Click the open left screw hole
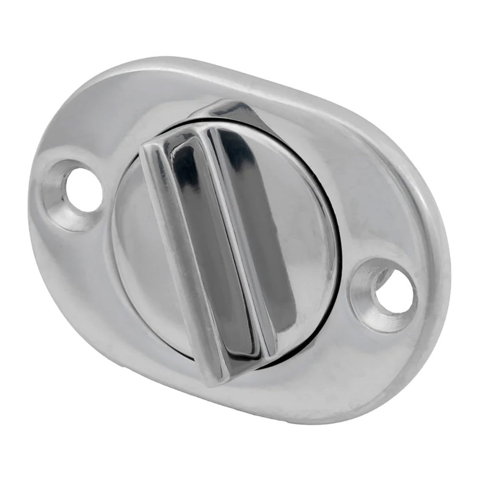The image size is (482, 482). click(x=83, y=189)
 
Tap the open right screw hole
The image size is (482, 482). click(x=395, y=293)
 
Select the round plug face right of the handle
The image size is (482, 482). click(x=307, y=241)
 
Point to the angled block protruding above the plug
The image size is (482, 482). click(x=223, y=111)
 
